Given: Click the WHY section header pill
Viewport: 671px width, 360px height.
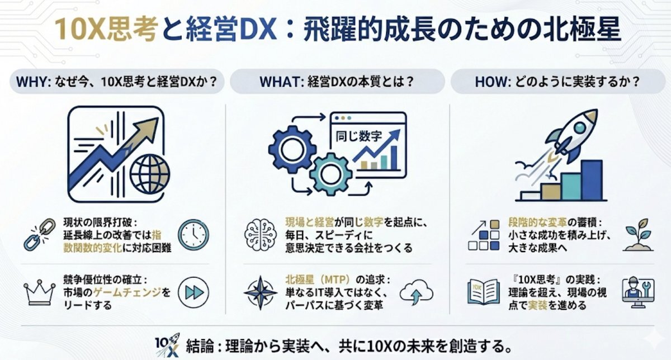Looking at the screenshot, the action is (x=117, y=82).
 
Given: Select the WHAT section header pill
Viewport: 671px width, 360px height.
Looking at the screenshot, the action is (x=337, y=82).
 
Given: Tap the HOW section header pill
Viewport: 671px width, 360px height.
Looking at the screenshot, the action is (x=557, y=82).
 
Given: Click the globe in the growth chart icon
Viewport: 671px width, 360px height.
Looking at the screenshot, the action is (x=150, y=174).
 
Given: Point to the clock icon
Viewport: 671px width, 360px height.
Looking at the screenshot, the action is (x=193, y=235).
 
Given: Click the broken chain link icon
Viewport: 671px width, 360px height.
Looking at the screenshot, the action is (x=40, y=235).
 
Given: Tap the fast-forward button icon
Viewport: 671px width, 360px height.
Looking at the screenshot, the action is (x=193, y=292).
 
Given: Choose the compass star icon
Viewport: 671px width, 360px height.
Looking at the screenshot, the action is (x=261, y=292).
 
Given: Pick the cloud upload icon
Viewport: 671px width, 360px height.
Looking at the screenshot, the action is (x=417, y=292).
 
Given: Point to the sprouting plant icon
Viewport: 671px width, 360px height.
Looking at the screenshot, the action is (x=638, y=235).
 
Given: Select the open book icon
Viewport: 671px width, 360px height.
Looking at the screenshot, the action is (x=484, y=292).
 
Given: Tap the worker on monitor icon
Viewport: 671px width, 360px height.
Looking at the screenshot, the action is (x=638, y=292).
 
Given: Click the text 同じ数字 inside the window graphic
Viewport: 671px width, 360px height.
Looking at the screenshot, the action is (x=358, y=136).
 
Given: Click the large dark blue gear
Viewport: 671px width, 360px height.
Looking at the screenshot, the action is (x=292, y=149).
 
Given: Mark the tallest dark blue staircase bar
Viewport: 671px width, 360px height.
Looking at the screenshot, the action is (x=592, y=180).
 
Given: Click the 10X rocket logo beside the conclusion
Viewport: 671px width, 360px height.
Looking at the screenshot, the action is (x=167, y=345).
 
